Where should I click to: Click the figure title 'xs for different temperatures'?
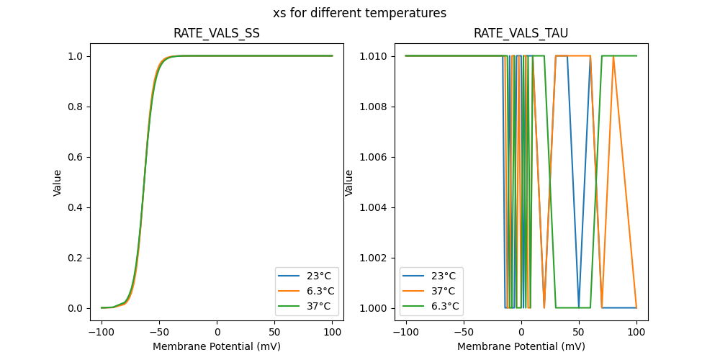pos(359,13)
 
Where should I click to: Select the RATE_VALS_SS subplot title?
pos(216,33)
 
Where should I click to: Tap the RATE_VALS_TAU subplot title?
pos(521,33)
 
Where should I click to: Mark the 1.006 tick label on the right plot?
pos(373,157)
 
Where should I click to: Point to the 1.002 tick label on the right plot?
pos(373,258)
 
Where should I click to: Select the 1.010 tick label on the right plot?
pos(373,56)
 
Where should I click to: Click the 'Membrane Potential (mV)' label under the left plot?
pos(216,346)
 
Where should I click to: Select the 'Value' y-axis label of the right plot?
pos(349,182)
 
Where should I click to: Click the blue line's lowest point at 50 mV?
pos(579,307)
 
